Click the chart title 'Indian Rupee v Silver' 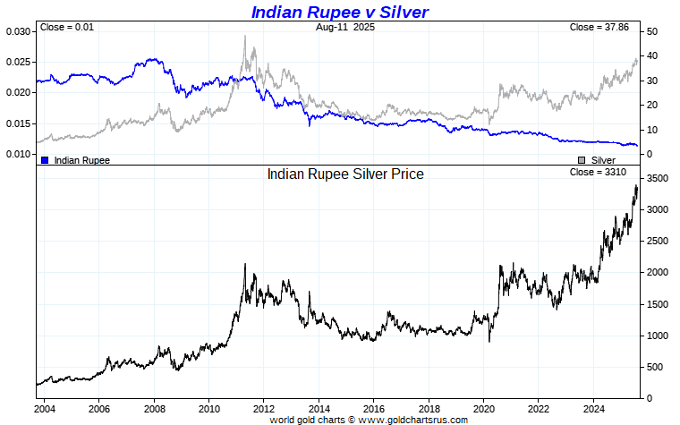(x=339, y=12)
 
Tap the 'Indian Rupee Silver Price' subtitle (x=345, y=174)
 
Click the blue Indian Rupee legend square (x=45, y=160)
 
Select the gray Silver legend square (x=582, y=160)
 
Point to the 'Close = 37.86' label (x=599, y=28)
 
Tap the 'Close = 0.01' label (x=67, y=28)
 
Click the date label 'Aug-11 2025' (x=345, y=28)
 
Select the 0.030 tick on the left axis (x=18, y=32)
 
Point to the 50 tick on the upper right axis (x=653, y=32)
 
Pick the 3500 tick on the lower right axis (x=658, y=179)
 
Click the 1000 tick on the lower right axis (x=658, y=336)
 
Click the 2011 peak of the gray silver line (x=244, y=37)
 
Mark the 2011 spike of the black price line (x=244, y=265)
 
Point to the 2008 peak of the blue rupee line (x=153, y=60)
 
